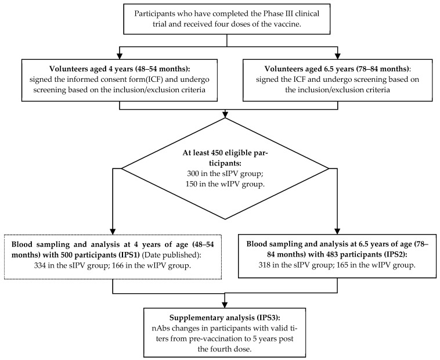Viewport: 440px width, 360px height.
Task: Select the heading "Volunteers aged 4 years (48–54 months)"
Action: click(120, 69)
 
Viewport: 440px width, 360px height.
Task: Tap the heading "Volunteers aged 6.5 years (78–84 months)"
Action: click(337, 69)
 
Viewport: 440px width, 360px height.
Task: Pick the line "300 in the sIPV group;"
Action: click(225, 174)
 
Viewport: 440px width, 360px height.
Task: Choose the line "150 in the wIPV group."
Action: click(225, 184)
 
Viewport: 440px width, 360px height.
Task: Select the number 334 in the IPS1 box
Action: click(39, 265)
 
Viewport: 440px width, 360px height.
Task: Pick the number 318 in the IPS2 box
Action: click(264, 265)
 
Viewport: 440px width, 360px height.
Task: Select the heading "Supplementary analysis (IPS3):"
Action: click(225, 318)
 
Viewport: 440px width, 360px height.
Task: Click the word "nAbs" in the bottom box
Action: click(161, 328)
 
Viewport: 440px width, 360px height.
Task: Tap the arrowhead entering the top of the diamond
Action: click(225, 114)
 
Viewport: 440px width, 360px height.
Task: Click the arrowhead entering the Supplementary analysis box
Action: click(225, 304)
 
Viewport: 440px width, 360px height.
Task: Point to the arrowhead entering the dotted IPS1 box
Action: click(113, 231)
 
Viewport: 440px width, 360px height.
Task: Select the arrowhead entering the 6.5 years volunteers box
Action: click(338, 56)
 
